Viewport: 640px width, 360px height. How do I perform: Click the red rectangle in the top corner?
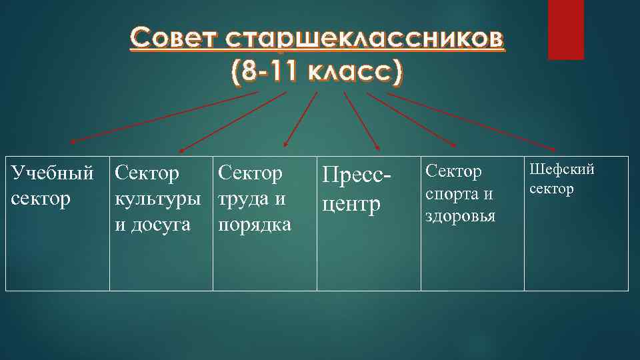(x=565, y=29)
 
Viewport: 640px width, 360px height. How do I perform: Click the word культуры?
(x=157, y=199)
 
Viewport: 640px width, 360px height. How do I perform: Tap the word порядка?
(x=255, y=225)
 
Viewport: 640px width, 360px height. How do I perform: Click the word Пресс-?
(x=355, y=176)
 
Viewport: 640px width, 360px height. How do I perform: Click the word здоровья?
(x=460, y=216)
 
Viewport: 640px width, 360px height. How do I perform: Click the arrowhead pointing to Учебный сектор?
(x=73, y=141)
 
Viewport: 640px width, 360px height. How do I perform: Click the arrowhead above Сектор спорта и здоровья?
(x=454, y=145)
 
